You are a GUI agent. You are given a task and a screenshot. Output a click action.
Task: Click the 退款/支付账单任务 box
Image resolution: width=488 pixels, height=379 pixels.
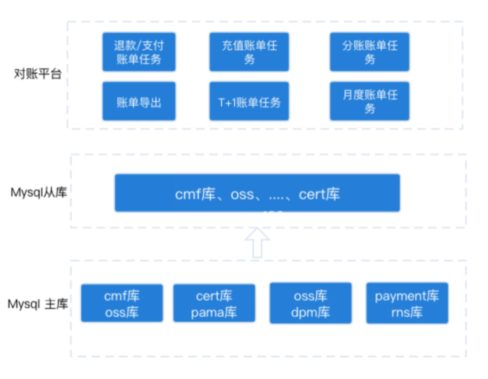coord(139,52)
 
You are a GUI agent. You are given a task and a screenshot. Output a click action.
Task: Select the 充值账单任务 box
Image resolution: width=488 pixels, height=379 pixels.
coord(249,52)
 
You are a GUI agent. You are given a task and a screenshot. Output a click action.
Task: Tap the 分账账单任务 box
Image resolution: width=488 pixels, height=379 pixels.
coord(369,52)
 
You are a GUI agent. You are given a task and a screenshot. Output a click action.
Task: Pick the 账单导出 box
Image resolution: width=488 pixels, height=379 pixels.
coord(139,102)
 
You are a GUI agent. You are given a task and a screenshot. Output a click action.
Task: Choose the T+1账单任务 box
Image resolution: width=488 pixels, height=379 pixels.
coord(249,102)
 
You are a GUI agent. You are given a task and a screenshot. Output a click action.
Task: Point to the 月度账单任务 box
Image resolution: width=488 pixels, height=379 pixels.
coord(369,102)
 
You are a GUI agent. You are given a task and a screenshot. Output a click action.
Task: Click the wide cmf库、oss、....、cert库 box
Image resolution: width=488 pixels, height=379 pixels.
coord(257,193)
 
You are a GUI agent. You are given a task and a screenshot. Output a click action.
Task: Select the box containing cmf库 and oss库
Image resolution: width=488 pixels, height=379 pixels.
coord(122,304)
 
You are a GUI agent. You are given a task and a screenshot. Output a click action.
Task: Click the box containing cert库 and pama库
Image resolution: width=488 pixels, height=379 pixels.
coord(214,304)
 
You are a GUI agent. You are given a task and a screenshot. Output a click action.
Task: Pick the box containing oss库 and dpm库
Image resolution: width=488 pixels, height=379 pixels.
coord(310,303)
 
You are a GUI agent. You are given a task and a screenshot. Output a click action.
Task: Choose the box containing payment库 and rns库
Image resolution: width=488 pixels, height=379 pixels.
coord(407,303)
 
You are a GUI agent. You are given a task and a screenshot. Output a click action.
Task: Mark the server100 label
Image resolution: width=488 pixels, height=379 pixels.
coord(253,217)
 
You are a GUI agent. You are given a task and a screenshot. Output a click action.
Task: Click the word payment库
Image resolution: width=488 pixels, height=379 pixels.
coord(407,296)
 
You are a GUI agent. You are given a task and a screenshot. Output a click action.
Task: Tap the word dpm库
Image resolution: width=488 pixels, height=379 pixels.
coord(310,312)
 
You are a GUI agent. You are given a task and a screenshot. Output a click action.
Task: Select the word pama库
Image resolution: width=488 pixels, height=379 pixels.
coord(214,312)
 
